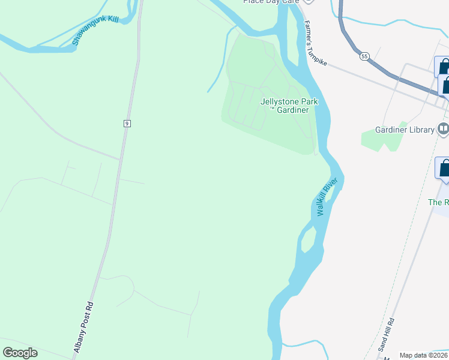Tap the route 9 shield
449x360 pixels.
click(127, 123)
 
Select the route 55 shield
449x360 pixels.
click(364, 56)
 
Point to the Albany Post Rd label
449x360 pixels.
click(84, 326)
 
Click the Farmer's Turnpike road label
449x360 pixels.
click(316, 44)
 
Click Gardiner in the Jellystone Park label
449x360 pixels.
click(294, 110)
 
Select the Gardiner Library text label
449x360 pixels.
click(405, 130)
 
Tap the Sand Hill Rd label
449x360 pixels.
click(385, 335)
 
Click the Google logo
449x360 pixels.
click(20, 353)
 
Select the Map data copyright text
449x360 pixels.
click(424, 355)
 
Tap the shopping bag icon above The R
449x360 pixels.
click(444, 169)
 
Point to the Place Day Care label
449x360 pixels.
click(271, 2)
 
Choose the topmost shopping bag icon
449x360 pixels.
click(443, 67)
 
